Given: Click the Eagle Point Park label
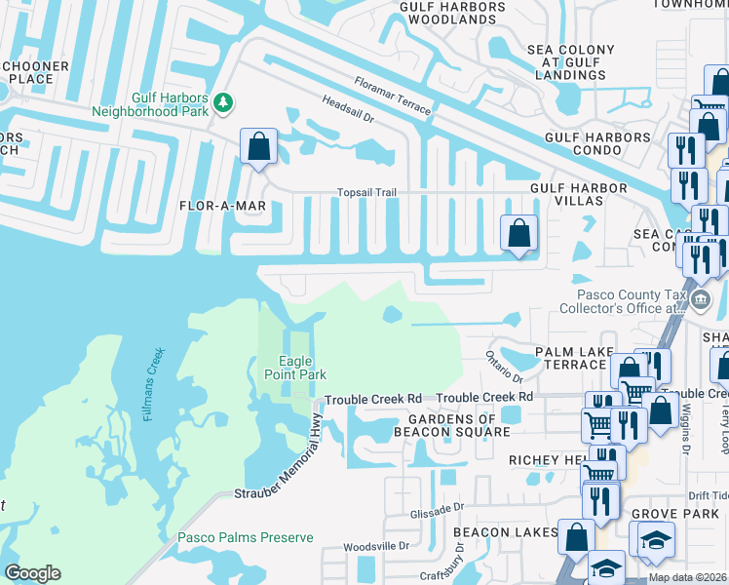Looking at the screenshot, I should click(x=294, y=368).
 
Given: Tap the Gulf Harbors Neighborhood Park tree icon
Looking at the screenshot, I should click(x=223, y=101).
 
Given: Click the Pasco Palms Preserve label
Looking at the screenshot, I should click(x=245, y=537).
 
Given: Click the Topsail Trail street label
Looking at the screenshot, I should click(x=366, y=192).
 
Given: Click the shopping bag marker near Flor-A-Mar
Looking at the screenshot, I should click(x=258, y=147).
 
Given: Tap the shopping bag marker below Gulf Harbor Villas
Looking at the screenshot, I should click(x=518, y=233).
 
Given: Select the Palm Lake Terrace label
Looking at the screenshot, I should click(x=570, y=357).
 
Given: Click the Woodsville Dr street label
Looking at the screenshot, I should click(x=377, y=546).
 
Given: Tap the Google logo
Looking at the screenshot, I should click(x=32, y=573).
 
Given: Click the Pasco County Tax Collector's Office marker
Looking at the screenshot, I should click(x=702, y=298).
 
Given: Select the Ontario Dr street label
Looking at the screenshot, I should click(x=505, y=370).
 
